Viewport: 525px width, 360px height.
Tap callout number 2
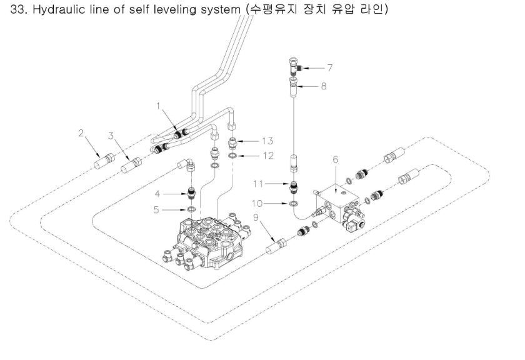pos(81,132)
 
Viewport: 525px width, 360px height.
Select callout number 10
pos(272,203)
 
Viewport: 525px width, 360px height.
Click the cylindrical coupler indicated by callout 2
pos(102,167)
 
